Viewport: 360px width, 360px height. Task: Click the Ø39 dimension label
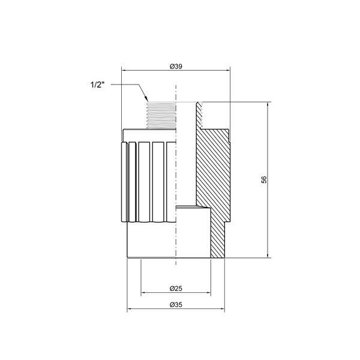click(176, 67)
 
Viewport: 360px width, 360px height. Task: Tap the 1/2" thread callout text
click(97, 85)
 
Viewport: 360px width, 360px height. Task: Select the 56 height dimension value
click(265, 179)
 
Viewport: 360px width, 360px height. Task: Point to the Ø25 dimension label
click(176, 289)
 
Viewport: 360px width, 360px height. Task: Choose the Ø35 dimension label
click(176, 305)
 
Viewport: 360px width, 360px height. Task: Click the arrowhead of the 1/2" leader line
click(146, 99)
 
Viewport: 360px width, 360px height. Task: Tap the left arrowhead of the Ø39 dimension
click(124, 70)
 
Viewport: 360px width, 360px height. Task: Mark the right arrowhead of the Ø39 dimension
click(228, 70)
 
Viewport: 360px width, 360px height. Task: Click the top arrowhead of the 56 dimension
click(268, 104)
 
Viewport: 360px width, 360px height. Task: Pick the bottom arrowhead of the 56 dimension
click(268, 256)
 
